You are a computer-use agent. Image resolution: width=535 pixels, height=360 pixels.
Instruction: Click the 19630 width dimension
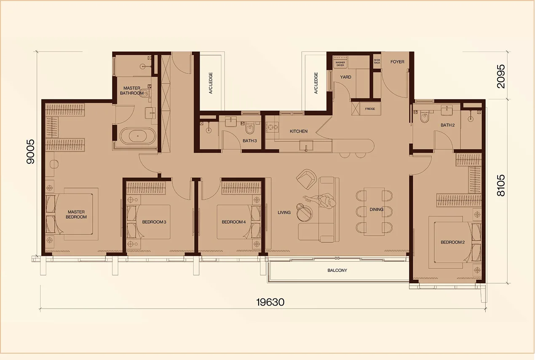click(270, 302)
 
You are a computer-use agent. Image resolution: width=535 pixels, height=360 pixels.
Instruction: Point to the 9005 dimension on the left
click(30, 152)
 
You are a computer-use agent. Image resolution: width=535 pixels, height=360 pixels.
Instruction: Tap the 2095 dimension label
click(501, 76)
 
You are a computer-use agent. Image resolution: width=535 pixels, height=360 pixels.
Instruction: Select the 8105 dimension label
click(501, 185)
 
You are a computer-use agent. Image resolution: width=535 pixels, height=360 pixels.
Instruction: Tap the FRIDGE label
click(370, 109)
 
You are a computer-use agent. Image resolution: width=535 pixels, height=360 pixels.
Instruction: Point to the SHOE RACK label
click(377, 62)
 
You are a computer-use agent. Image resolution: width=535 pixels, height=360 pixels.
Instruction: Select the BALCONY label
click(337, 270)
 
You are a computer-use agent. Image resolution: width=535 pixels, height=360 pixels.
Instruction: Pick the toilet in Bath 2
click(424, 117)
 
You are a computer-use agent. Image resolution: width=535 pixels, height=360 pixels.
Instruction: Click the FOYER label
click(397, 62)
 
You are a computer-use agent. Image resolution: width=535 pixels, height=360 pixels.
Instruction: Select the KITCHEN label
click(299, 131)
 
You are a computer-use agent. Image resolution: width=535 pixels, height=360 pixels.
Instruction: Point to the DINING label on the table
click(377, 210)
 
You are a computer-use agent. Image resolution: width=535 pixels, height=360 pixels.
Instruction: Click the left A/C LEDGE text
click(211, 83)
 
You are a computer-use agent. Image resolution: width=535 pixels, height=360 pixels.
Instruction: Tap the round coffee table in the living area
click(305, 212)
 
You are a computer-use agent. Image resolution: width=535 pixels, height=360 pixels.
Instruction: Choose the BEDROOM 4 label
click(233, 222)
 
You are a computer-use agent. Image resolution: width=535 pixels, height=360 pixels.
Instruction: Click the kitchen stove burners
click(273, 127)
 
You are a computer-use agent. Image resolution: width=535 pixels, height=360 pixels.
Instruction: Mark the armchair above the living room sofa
click(306, 179)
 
